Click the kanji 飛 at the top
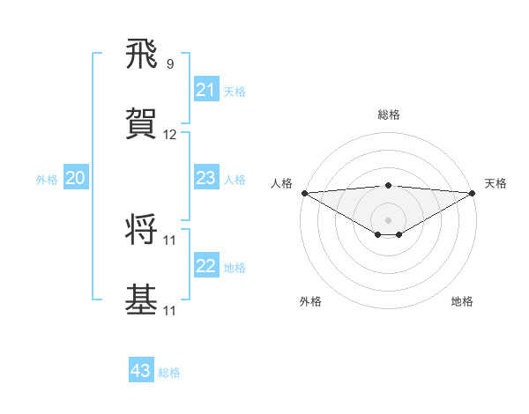pos(142,57)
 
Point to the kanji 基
pos(142,299)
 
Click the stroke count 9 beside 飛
pos(170,63)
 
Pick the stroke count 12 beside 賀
pos(170,135)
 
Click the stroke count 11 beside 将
pos(170,240)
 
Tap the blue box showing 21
pos(206,90)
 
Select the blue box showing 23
pos(206,179)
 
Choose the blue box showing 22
pos(206,267)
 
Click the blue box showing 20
pos(76,179)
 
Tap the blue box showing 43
pos(141,372)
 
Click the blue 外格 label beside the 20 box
pos(47,180)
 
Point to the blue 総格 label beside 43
pos(170,373)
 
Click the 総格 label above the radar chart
pos(389,115)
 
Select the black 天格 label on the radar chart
pos(496,183)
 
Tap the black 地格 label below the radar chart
pos(462,302)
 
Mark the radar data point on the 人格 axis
pos(304,193)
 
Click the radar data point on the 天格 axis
pos(473,193)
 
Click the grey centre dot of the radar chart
pos(389,219)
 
